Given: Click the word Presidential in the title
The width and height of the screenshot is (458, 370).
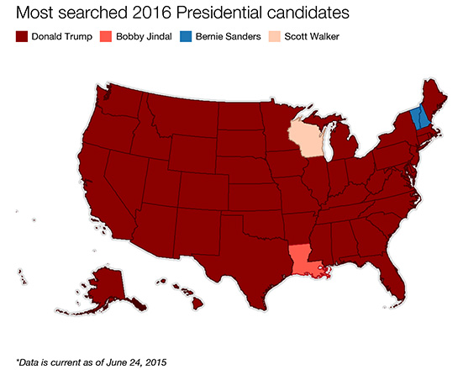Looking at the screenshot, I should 212,13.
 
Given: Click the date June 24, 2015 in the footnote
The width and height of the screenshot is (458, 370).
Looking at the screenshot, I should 128,361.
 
